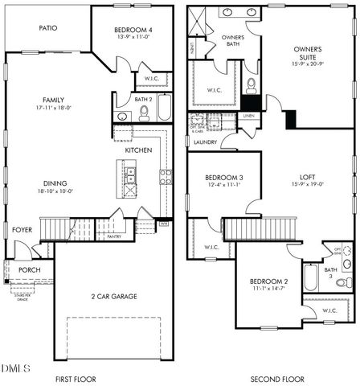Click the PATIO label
coord(48,27)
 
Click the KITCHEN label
coord(138,150)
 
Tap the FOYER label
coord(22,230)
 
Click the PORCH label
coord(30,269)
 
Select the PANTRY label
coord(114,236)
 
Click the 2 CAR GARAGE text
coord(113,297)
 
